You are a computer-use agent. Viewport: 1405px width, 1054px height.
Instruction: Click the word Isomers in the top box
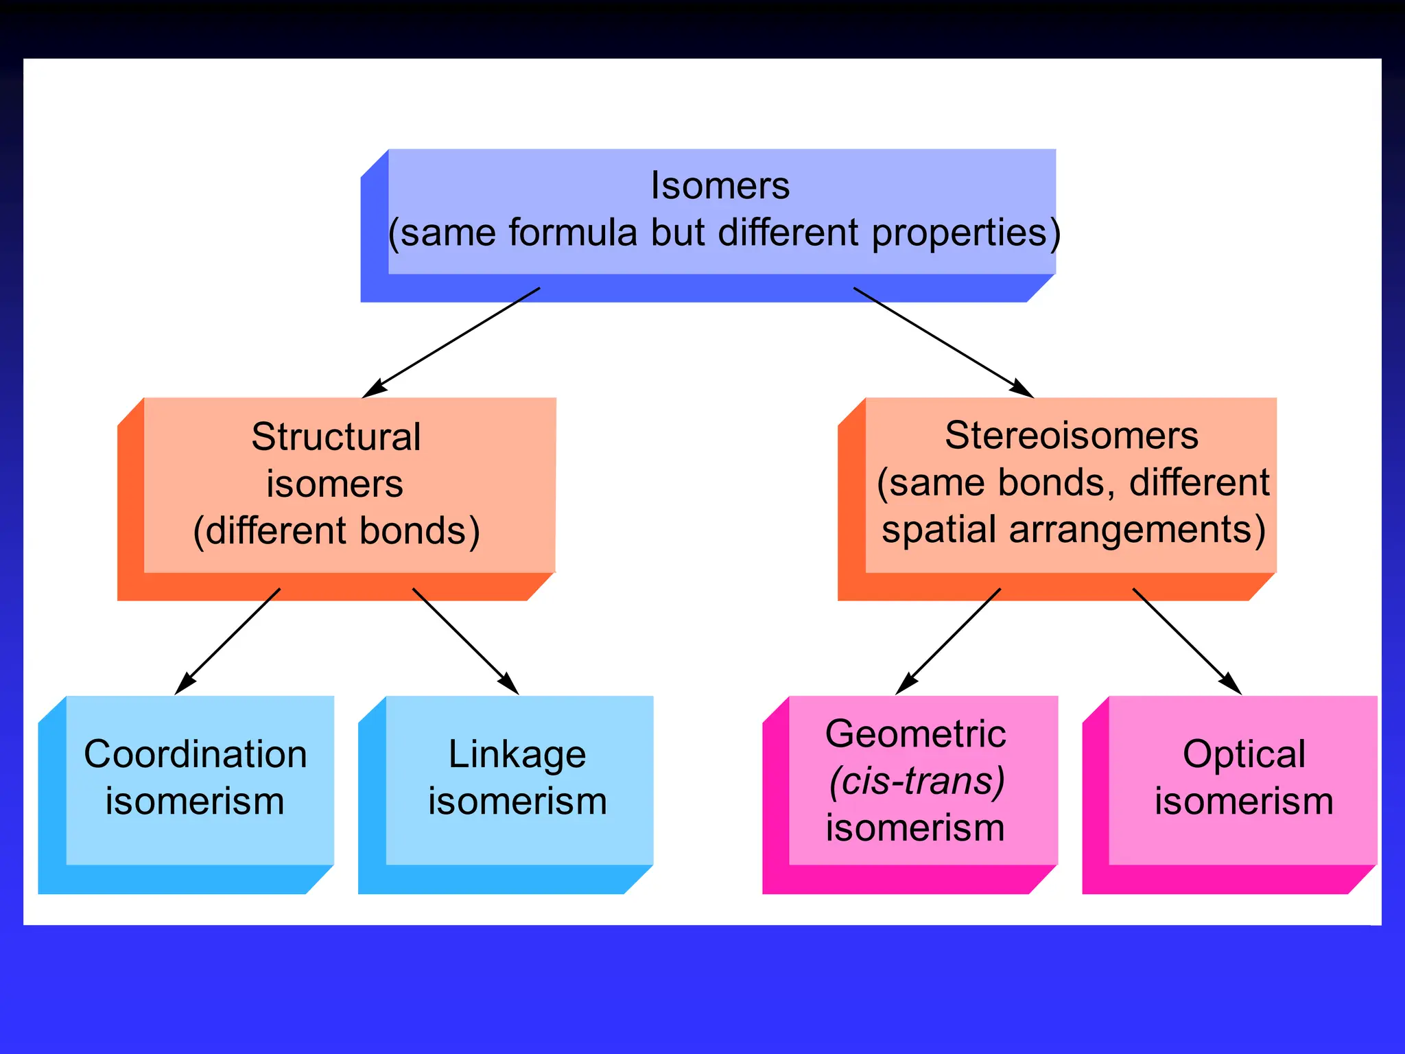(x=720, y=186)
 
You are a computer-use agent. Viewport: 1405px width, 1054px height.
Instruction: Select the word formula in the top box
(x=573, y=233)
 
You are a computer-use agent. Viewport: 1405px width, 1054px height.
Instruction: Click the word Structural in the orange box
(x=335, y=437)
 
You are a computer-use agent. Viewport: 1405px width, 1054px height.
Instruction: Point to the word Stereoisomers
(x=1071, y=436)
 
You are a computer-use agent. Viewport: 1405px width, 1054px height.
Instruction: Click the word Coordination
(x=195, y=754)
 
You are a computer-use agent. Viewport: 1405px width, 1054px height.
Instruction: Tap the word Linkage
(x=517, y=755)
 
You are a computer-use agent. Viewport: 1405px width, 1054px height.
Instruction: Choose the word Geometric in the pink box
(x=915, y=734)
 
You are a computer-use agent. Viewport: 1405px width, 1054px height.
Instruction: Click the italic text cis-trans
(x=917, y=781)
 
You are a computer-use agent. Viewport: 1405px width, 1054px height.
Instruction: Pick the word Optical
(x=1243, y=754)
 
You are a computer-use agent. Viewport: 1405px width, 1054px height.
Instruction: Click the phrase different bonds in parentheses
(x=336, y=531)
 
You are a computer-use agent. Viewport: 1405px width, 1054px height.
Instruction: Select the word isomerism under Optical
(x=1243, y=801)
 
